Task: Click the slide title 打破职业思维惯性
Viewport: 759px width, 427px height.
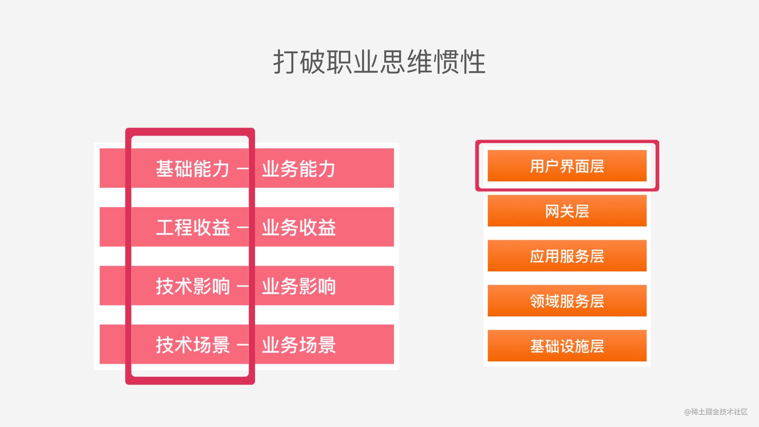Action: (379, 62)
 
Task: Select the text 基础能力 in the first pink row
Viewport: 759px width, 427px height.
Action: (193, 169)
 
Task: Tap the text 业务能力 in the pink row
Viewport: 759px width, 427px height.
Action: (299, 169)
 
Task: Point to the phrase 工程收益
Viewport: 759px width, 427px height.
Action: (193, 227)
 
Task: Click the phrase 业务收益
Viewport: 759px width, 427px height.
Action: (299, 227)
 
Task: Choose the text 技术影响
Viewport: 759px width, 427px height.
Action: (193, 286)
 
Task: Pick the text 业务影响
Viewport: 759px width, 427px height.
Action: (299, 286)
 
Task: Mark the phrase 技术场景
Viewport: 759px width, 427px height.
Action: (193, 345)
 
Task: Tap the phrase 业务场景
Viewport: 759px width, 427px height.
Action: (299, 345)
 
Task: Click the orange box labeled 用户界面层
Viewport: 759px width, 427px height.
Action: (567, 166)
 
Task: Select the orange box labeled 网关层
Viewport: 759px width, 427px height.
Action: (567, 211)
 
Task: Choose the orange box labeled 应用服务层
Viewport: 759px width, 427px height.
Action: (567, 256)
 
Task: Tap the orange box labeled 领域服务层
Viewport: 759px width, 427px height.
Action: (567, 301)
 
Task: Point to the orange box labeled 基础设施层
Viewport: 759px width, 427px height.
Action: (567, 346)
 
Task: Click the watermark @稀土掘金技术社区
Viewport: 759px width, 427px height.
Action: (716, 412)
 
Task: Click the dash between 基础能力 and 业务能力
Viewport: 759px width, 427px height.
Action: (243, 169)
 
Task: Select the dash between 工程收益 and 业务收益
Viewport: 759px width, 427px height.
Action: (243, 228)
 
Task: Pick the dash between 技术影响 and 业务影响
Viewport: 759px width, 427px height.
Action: (243, 286)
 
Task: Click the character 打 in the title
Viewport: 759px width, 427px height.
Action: (286, 62)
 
